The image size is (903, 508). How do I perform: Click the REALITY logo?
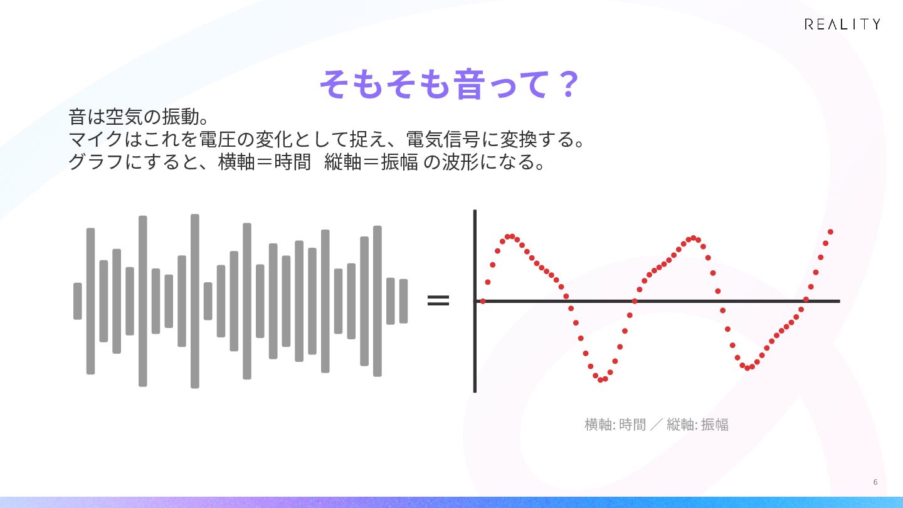click(x=843, y=24)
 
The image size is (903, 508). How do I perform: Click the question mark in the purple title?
click(x=568, y=84)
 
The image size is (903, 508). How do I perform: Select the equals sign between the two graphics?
click(x=438, y=300)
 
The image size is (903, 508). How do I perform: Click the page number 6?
click(x=875, y=482)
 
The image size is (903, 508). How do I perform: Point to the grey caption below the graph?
click(x=657, y=425)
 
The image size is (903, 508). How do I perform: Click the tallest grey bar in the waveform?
click(x=194, y=301)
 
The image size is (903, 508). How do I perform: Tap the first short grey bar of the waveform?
click(x=77, y=301)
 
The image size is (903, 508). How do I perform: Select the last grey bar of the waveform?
click(x=404, y=301)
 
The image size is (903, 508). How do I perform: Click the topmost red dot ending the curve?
click(x=830, y=232)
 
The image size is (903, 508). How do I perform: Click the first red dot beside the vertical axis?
click(x=483, y=301)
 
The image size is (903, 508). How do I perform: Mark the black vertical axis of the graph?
click(x=475, y=301)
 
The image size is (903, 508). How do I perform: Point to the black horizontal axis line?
click(x=657, y=301)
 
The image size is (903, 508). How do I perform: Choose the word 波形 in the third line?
click(x=460, y=162)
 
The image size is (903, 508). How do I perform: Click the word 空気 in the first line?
click(x=124, y=117)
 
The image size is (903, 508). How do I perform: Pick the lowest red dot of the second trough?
click(x=747, y=368)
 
